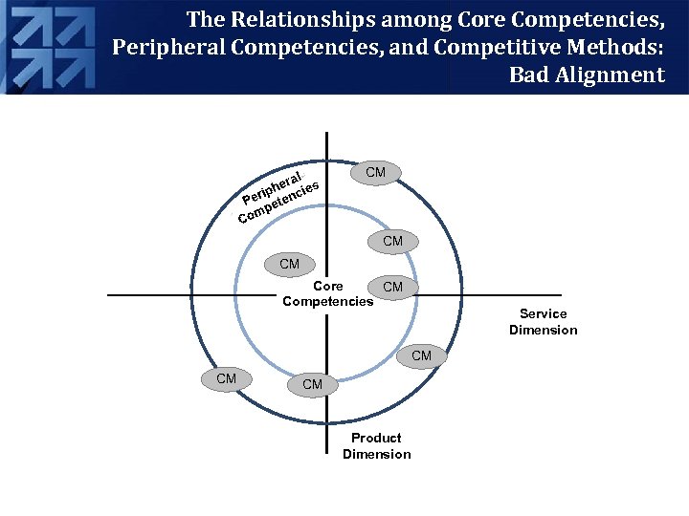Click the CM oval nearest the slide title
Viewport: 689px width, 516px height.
pos(375,172)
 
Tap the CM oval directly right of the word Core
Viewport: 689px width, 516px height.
pos(392,287)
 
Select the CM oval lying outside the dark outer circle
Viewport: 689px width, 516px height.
pos(226,379)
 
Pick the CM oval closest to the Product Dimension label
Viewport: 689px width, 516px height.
pos(312,385)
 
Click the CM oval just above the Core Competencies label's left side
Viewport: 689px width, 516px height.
pos(289,264)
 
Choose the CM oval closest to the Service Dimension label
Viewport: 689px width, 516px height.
pos(421,356)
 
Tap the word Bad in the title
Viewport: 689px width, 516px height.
pos(529,75)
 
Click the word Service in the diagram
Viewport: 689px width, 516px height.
pos(544,313)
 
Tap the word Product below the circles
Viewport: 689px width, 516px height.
pos(377,438)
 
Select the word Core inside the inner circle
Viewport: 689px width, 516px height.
pos(328,286)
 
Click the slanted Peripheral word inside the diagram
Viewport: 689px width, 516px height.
pos(274,187)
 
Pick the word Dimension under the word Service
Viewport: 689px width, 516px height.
pos(544,330)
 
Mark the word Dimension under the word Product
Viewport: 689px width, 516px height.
pos(377,454)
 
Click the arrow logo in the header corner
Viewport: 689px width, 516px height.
pos(48,45)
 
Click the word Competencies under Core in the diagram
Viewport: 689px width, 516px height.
pos(328,302)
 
